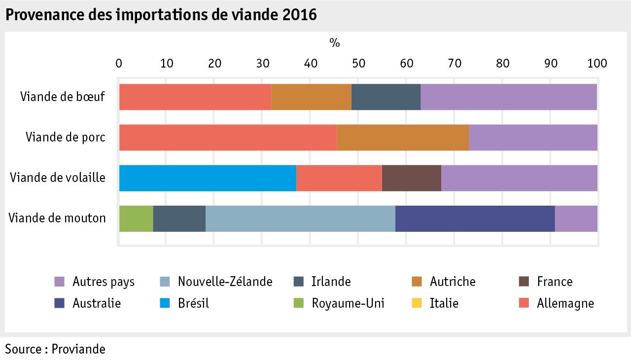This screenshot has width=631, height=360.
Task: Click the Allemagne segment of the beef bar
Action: (x=195, y=97)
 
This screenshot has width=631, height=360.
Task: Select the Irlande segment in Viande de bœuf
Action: (x=386, y=97)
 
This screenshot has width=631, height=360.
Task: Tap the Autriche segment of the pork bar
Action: (x=403, y=138)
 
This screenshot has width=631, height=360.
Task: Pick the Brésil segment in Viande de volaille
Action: (x=208, y=178)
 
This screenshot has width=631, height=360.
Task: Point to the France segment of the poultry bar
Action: (x=411, y=178)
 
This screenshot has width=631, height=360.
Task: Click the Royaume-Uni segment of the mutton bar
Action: (x=136, y=218)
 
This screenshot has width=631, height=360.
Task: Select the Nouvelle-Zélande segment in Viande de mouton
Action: (x=300, y=218)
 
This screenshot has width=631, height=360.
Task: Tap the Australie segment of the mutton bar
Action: (x=475, y=218)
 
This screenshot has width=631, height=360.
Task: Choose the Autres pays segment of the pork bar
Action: (x=533, y=138)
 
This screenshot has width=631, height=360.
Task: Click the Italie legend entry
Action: (x=444, y=303)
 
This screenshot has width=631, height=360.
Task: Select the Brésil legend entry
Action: (x=193, y=303)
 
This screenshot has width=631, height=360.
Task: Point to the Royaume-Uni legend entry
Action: (x=348, y=303)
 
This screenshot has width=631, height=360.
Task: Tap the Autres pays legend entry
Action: (x=103, y=282)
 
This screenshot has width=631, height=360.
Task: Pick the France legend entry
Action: (x=555, y=282)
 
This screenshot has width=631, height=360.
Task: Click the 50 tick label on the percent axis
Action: (x=358, y=64)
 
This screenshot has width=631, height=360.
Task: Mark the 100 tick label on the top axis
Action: (x=597, y=64)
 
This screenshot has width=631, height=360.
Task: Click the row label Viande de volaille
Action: (x=58, y=178)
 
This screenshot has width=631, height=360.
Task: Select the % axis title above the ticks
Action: (x=335, y=43)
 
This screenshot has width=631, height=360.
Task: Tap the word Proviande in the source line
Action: (x=79, y=349)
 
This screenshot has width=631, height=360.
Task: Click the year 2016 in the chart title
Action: (x=300, y=15)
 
